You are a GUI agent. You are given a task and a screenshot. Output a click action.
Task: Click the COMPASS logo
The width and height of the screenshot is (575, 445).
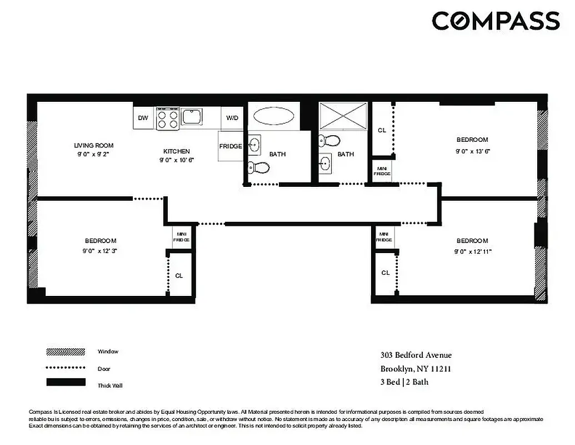(x=496, y=21)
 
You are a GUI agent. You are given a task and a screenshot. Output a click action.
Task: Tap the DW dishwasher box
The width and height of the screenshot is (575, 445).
(x=143, y=118)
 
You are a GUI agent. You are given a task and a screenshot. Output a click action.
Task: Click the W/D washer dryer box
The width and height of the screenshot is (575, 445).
(x=232, y=118)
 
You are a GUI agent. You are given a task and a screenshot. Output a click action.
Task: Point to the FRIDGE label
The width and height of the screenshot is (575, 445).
(x=230, y=146)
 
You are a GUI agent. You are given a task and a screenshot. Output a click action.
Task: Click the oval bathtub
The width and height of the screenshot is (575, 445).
(x=274, y=116)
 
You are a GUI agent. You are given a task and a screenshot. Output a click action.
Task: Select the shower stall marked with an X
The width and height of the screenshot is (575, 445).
(x=343, y=117)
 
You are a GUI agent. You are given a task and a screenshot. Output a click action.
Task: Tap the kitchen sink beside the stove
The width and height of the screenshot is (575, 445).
(x=192, y=117)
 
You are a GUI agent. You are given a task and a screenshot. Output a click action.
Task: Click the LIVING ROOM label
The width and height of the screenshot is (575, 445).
(x=94, y=146)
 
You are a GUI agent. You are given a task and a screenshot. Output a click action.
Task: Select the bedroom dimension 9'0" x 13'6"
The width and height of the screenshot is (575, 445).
(x=472, y=151)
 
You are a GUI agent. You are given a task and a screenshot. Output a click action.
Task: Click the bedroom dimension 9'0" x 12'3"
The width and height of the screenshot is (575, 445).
(x=101, y=251)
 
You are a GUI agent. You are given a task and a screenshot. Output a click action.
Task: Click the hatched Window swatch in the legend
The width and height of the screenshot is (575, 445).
(x=66, y=352)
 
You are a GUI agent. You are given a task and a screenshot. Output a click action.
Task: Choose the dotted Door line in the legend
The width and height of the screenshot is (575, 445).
(x=66, y=368)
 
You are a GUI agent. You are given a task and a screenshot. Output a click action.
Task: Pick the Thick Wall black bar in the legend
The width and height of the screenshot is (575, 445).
(x=66, y=382)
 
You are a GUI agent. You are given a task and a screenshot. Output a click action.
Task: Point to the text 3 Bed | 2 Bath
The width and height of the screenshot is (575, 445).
(x=404, y=382)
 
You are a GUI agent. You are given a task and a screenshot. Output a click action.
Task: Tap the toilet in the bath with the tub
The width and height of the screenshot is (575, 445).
(x=259, y=166)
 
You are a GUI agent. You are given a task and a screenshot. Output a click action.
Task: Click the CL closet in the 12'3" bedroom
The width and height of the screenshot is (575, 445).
(x=179, y=275)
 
